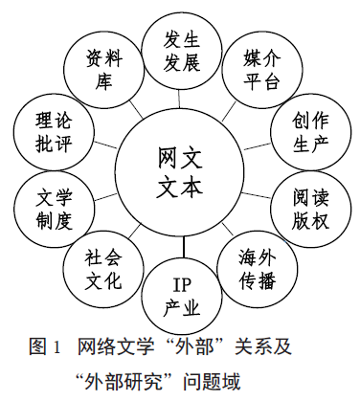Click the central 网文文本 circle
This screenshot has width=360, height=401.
coord(181,170)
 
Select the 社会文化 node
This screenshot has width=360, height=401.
coord(101,270)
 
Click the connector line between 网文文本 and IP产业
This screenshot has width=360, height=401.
coord(182,249)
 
